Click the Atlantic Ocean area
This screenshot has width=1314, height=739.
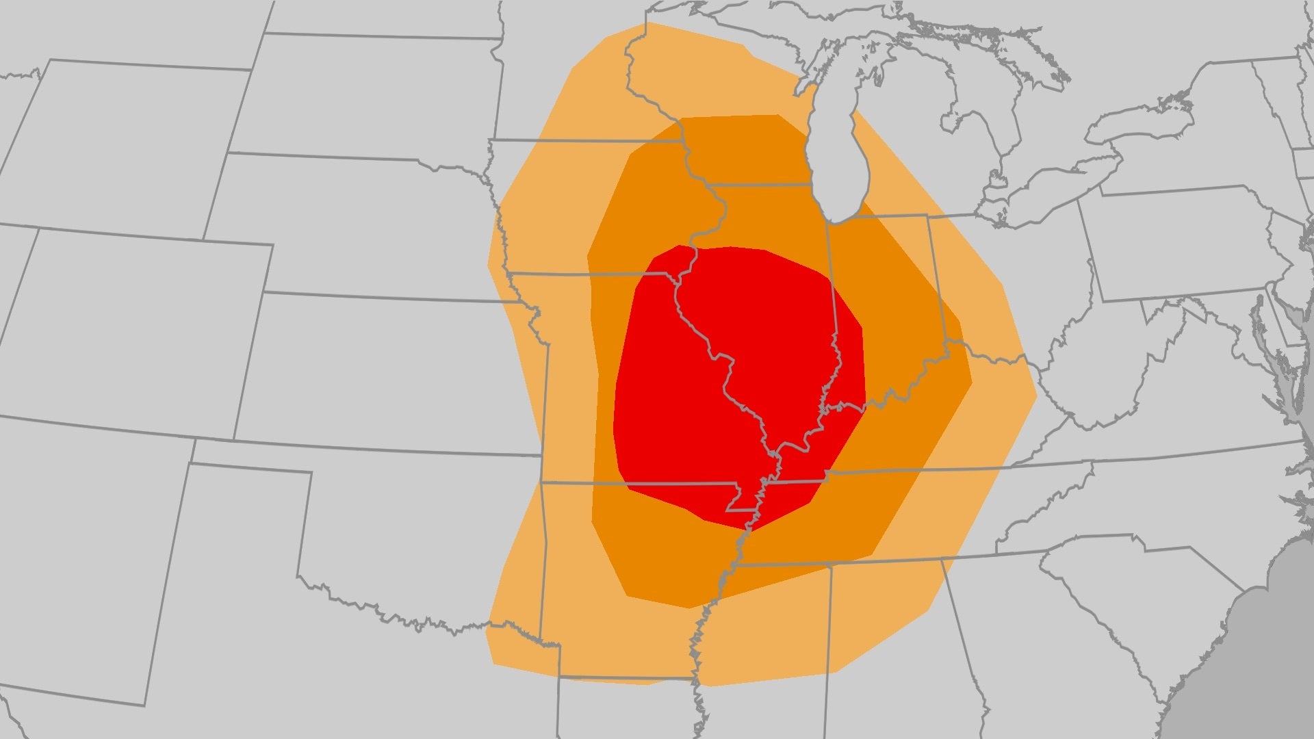click(x=1266, y=650)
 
